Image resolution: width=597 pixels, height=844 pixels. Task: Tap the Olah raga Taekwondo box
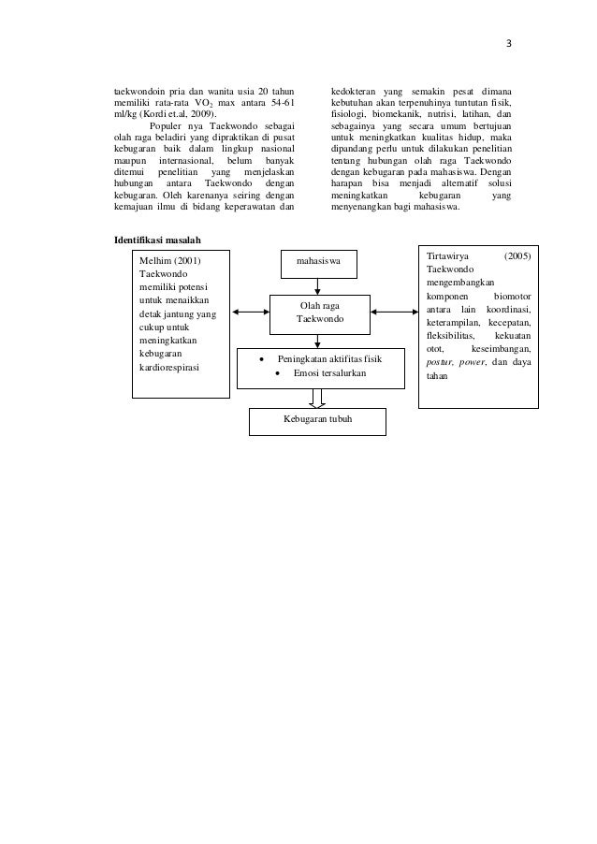click(320, 313)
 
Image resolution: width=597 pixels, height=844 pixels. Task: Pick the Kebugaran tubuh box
click(318, 420)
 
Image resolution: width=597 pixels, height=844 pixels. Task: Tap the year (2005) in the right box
click(517, 255)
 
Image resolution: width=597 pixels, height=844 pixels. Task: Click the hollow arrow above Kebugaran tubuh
click(319, 398)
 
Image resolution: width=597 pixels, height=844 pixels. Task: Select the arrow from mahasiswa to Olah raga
click(320, 285)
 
